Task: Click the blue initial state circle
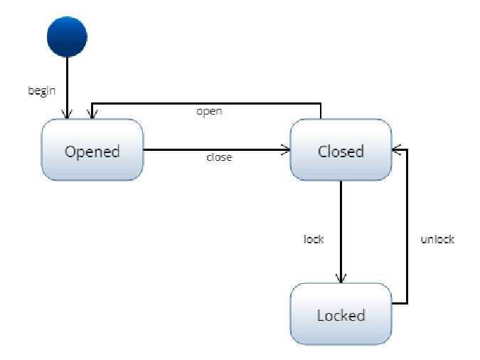(67, 37)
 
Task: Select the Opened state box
(92, 150)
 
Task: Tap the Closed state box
(341, 150)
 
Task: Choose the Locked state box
(341, 314)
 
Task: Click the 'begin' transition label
(41, 90)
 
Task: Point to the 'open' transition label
(209, 112)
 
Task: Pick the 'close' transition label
(218, 157)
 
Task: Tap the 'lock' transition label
(314, 239)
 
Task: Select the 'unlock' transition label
(437, 239)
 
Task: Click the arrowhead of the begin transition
(68, 114)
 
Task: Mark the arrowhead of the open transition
(90, 114)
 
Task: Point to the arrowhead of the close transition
(286, 150)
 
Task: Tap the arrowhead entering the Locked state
(341, 278)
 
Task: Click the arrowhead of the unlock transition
(397, 150)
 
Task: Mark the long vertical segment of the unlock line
(407, 228)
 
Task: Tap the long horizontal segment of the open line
(206, 103)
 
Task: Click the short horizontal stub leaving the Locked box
(400, 304)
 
